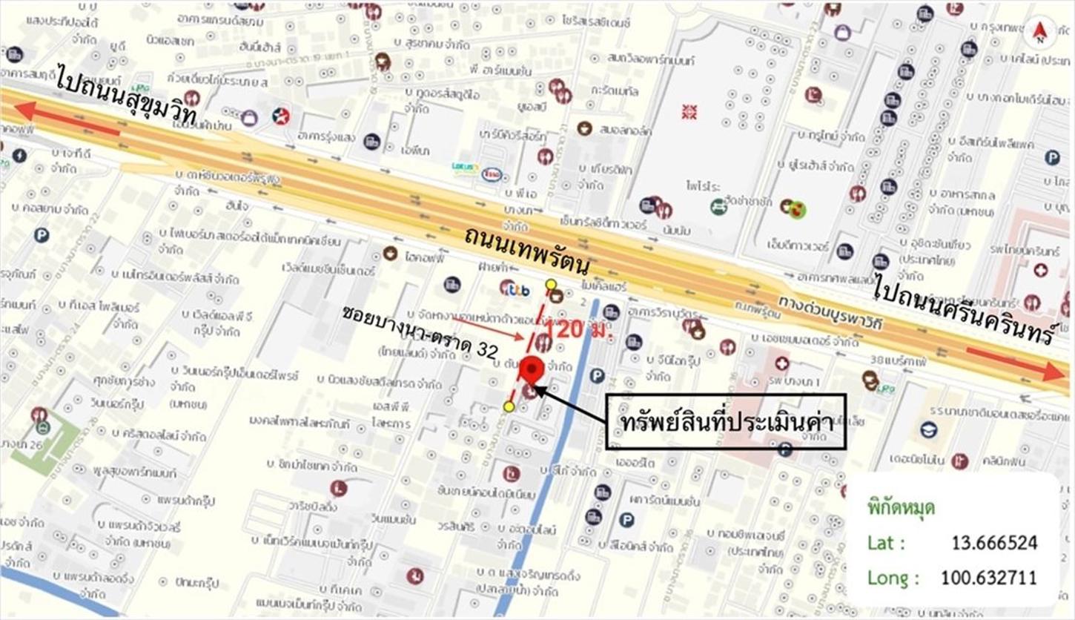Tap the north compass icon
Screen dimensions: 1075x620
click(x=1039, y=33)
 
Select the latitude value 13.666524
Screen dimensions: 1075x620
click(x=993, y=543)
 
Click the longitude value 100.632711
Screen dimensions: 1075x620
click(x=988, y=577)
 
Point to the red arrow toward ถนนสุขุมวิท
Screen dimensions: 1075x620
click(x=67, y=120)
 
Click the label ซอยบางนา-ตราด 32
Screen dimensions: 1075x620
click(x=419, y=332)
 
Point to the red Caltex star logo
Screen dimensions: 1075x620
click(x=280, y=116)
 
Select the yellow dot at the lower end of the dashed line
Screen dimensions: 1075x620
click(x=509, y=406)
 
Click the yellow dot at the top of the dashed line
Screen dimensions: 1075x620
click(x=550, y=284)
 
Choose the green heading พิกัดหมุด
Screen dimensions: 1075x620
click(x=900, y=508)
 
